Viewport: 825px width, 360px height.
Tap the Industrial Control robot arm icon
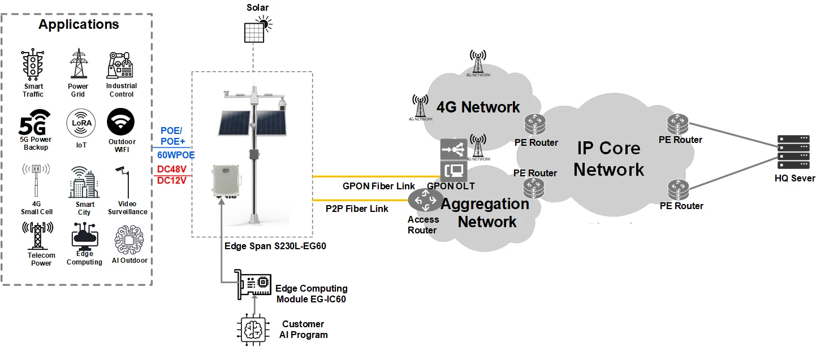pyautogui.click(x=120, y=65)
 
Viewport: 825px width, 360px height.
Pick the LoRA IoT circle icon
pyautogui.click(x=81, y=123)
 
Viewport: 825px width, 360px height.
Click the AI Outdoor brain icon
pyautogui.click(x=128, y=239)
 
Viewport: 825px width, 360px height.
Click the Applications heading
pyautogui.click(x=79, y=24)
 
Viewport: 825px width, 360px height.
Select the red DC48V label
pyautogui.click(x=172, y=169)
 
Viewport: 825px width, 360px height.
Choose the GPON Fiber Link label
pyautogui.click(x=378, y=186)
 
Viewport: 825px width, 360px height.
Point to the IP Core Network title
pyautogui.click(x=608, y=159)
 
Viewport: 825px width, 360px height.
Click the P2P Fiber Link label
pyautogui.click(x=357, y=209)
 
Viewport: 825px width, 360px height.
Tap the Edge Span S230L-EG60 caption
pyautogui.click(x=275, y=246)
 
